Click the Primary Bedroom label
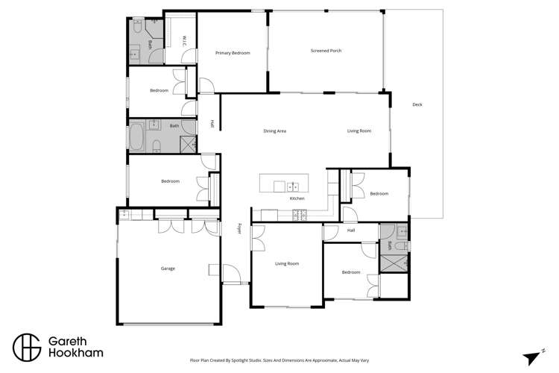coord(232,53)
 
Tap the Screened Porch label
coord(326,51)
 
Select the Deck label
coord(417,104)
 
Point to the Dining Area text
coord(275,131)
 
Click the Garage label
coord(168,268)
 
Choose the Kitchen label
coord(297,198)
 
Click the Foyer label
coord(239,228)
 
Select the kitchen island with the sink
coord(279,184)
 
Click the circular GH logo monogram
coord(25,347)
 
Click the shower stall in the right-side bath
coord(394,263)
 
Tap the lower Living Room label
coord(286,263)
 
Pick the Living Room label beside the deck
coord(359,131)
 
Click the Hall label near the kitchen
coord(350,230)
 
